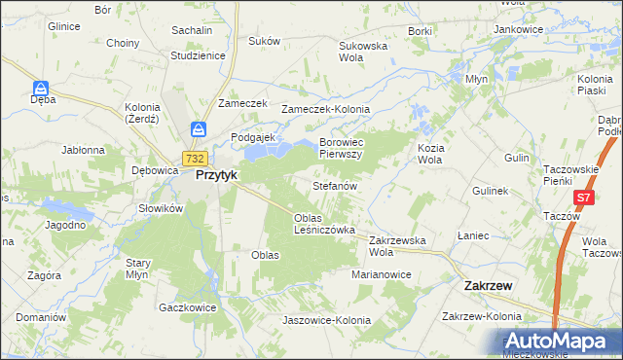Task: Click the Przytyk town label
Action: tap(217, 176)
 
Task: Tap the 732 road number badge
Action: tap(194, 159)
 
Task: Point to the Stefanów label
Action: tap(336, 185)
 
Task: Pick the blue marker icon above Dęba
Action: tap(41, 88)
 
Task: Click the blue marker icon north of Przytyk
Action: tap(198, 128)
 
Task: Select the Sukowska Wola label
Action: tap(363, 52)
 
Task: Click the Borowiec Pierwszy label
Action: tap(341, 148)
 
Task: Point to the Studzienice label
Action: tap(198, 55)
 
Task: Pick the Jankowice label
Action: tap(518, 29)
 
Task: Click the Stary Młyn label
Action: tap(137, 269)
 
